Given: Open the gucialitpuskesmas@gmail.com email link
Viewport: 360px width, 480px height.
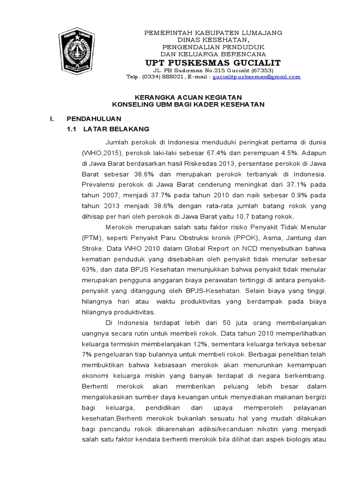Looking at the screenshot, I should tap(256, 77).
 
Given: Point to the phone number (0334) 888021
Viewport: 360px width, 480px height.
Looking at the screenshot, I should tap(160, 77).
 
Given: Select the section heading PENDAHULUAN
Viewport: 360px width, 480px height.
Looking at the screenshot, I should tap(93, 119).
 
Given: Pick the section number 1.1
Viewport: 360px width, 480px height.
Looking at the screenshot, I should tap(72, 128).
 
